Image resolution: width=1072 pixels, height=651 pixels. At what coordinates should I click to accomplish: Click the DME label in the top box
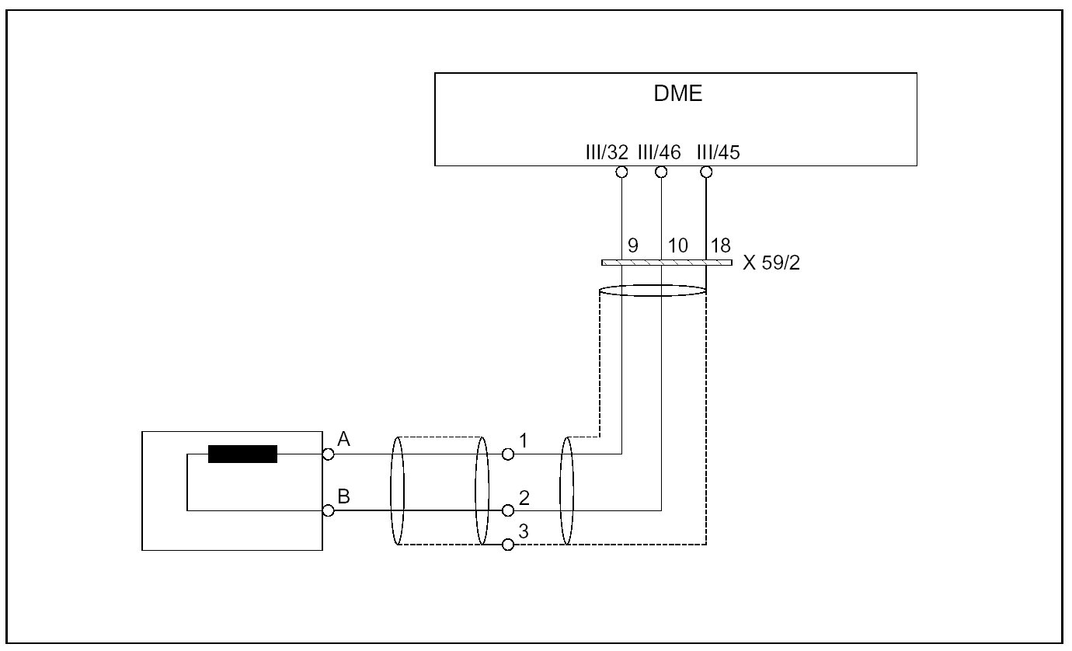[x=677, y=95]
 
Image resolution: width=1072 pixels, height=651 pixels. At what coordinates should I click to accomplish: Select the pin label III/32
[x=607, y=152]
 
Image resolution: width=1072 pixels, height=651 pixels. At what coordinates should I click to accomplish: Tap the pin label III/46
[x=659, y=152]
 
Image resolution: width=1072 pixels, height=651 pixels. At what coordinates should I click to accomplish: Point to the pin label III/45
[x=719, y=152]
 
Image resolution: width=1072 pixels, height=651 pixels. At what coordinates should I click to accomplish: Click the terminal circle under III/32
[x=621, y=172]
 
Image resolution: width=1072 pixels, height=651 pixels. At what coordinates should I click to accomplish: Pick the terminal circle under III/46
[x=661, y=172]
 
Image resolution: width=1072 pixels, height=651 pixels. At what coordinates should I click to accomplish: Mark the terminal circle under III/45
[x=706, y=172]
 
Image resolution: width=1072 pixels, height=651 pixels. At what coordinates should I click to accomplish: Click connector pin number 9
[x=633, y=246]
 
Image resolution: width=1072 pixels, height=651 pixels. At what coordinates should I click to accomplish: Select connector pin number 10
[x=677, y=246]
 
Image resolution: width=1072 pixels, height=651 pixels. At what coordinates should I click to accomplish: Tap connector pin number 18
[x=721, y=246]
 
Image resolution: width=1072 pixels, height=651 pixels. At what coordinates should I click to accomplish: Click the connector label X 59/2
[x=771, y=263]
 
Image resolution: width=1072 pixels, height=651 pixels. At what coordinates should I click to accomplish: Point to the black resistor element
[x=242, y=454]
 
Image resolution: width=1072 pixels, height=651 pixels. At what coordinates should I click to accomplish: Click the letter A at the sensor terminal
[x=345, y=440]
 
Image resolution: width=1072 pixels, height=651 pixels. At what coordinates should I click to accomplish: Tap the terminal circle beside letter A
[x=329, y=454]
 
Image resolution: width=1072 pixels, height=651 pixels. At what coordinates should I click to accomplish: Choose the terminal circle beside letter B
[x=329, y=510]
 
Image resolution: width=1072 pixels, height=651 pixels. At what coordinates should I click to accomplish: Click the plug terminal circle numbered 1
[x=508, y=454]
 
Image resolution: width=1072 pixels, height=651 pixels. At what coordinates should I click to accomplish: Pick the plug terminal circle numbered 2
[x=508, y=510]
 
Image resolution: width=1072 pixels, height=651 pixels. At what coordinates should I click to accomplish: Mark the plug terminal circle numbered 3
[x=508, y=545]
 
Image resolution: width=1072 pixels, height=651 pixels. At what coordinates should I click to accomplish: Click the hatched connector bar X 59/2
[x=667, y=263]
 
